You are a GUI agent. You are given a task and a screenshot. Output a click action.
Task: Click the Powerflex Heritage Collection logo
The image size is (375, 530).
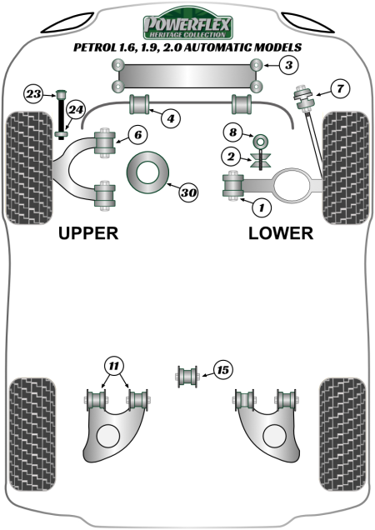[187, 23]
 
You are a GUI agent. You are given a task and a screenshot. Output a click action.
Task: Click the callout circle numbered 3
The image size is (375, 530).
[289, 65]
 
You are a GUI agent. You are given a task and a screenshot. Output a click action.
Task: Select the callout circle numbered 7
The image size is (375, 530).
[340, 89]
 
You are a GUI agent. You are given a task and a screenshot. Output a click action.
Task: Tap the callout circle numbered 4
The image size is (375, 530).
[171, 118]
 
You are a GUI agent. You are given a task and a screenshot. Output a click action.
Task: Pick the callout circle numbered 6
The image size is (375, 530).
[137, 135]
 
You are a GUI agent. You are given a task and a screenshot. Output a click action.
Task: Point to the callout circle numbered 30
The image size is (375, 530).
[188, 192]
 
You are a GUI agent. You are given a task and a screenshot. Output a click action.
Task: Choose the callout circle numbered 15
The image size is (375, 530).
[222, 370]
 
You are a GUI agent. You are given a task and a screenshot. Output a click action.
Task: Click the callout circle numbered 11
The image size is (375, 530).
[114, 366]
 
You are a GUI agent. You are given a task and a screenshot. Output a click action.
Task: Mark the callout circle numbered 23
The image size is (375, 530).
[34, 93]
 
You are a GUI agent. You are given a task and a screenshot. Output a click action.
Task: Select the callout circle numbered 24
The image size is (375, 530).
[75, 109]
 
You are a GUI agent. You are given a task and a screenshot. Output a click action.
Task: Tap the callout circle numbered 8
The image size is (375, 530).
[233, 132]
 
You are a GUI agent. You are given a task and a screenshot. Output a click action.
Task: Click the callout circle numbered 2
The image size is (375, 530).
[231, 157]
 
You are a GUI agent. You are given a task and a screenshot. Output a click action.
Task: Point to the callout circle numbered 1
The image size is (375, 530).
[262, 207]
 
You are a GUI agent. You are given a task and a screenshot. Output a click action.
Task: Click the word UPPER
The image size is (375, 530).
[88, 233]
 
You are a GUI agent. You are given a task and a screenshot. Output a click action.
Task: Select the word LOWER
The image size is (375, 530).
[281, 233]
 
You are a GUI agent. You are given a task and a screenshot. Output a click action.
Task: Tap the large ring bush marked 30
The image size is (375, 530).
[147, 172]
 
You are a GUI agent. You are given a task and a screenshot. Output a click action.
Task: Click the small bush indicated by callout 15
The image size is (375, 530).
[187, 376]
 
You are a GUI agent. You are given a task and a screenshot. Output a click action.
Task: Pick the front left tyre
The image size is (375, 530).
[29, 168]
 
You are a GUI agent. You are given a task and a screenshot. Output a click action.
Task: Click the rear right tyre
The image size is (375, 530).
[342, 434]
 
